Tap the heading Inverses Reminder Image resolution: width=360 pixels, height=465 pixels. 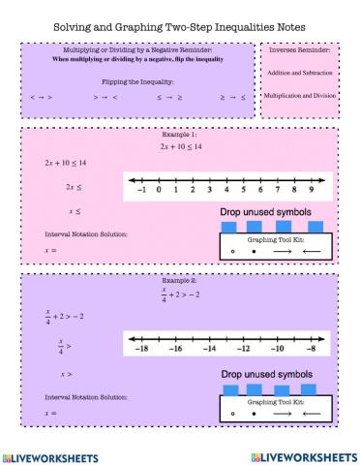(x=299, y=49)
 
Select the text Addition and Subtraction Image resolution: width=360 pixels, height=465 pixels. (x=299, y=73)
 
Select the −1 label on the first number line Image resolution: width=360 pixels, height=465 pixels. (x=141, y=191)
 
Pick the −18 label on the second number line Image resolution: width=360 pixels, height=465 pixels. (x=141, y=346)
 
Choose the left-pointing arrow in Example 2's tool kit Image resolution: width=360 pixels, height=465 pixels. (x=311, y=412)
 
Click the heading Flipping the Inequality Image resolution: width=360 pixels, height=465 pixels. (x=139, y=81)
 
